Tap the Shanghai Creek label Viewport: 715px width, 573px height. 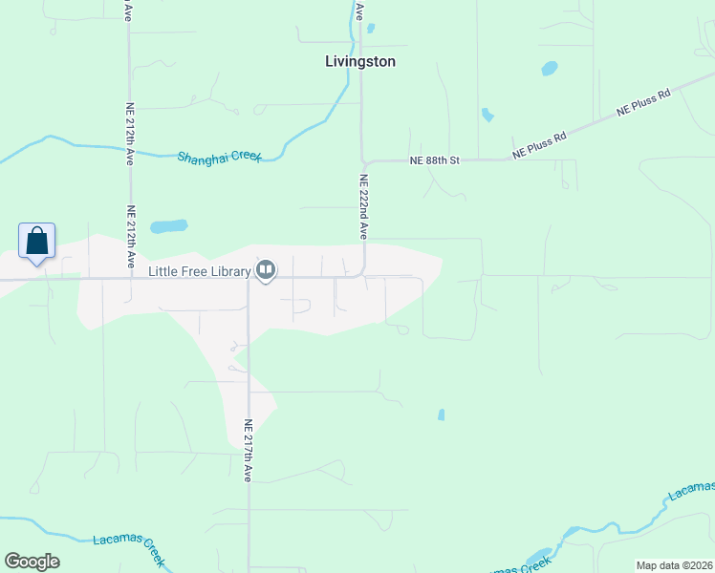click(219, 156)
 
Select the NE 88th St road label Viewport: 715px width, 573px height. click(435, 160)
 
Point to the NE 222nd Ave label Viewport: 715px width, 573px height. click(363, 205)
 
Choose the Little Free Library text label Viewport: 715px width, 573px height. click(199, 271)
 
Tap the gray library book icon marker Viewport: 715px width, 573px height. click(266, 271)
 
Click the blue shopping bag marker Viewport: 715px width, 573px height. click(36, 242)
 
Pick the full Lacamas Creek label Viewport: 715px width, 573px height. click(129, 544)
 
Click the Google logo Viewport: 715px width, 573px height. click(32, 562)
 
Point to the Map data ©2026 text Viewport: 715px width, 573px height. click(674, 565)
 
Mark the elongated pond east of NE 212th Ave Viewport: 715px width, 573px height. click(169, 227)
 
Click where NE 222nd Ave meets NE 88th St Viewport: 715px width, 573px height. click(362, 161)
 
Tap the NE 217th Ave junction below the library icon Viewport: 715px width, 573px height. click(248, 280)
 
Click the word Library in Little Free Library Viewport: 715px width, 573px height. click(229, 271)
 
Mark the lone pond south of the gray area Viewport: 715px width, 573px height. click(441, 414)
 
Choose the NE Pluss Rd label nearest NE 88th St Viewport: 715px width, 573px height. click(539, 145)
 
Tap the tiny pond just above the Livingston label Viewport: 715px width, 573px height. click(370, 28)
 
